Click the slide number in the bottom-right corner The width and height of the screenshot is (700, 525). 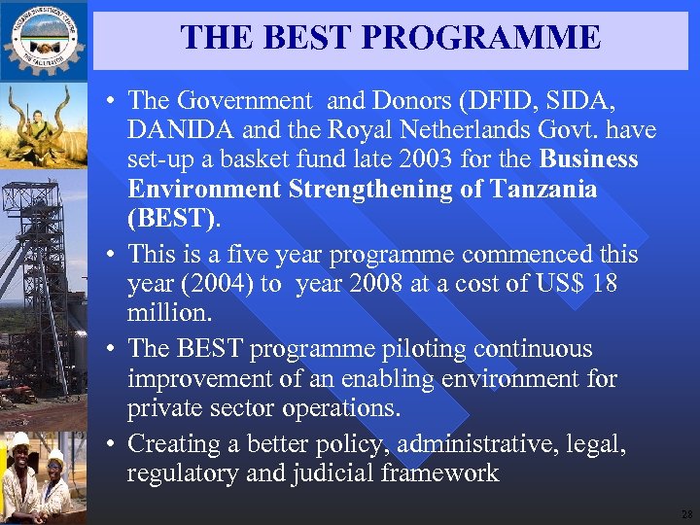(x=686, y=514)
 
